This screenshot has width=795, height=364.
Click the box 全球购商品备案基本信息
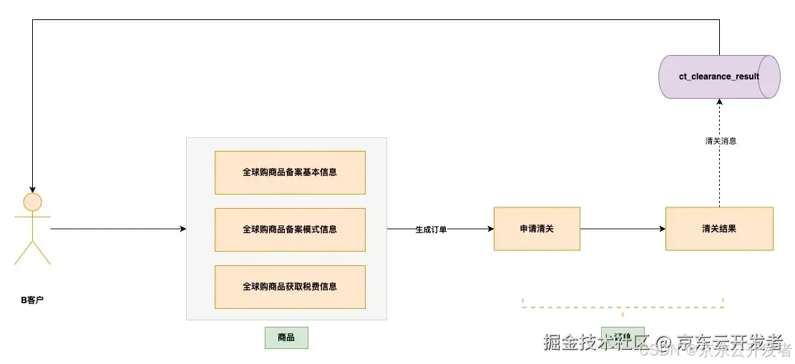[290, 172]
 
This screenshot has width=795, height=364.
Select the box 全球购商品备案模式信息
[290, 230]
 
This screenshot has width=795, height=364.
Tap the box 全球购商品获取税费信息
[290, 287]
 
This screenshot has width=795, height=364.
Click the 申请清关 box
[537, 229]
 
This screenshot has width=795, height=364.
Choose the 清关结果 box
[719, 229]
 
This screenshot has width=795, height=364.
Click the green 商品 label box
[286, 338]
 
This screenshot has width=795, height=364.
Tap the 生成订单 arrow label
[431, 230]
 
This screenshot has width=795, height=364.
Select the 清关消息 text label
[720, 142]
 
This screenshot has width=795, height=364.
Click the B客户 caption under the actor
[32, 300]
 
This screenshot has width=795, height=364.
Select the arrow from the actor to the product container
[118, 230]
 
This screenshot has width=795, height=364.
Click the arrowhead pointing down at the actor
[32, 188]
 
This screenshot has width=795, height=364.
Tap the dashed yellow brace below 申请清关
[623, 307]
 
